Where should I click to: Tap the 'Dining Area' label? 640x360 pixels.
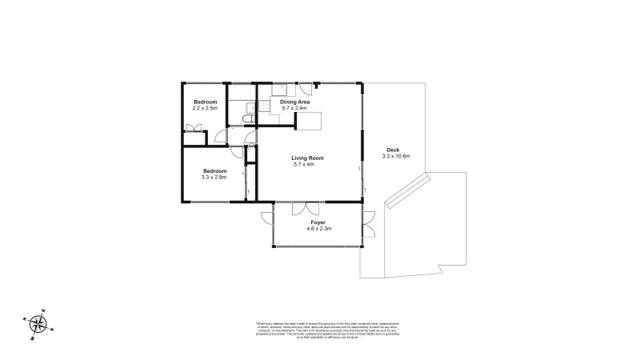[294, 102]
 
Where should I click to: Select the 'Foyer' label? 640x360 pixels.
[318, 222]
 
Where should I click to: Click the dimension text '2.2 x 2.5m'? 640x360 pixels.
[206, 108]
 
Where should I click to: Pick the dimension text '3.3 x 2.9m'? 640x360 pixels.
[214, 178]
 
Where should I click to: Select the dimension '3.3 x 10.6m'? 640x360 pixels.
[396, 157]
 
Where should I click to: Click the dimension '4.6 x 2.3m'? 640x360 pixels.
[318, 229]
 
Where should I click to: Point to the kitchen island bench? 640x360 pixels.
[310, 121]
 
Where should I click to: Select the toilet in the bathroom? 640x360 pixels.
[246, 120]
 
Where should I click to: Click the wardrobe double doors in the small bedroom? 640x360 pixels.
[192, 128]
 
